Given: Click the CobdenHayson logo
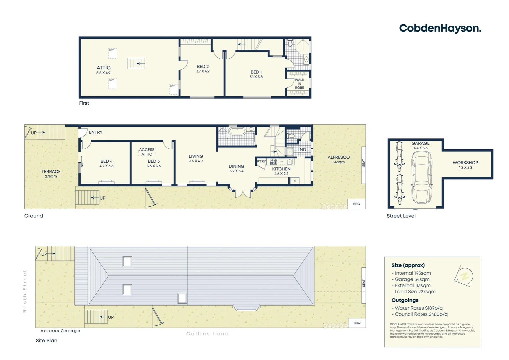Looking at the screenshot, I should tap(440, 28).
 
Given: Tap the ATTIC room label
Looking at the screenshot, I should tap(103, 68).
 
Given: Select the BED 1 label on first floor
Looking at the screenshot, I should tap(256, 72).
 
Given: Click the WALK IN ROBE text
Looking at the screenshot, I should tap(299, 84).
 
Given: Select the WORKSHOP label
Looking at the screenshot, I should tap(465, 163).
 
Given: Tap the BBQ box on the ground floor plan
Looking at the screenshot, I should tap(356, 204).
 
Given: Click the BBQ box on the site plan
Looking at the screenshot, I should tap(357, 323).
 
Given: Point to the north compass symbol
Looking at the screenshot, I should tap(464, 276).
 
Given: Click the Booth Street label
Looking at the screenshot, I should tap(25, 291).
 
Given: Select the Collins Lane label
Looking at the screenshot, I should tap(207, 334).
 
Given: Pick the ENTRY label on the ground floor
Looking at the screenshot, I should tap(96, 132).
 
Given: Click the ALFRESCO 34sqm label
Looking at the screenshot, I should tap(338, 159).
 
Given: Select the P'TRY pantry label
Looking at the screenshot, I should tap(261, 161).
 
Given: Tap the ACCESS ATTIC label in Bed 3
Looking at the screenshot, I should tap(147, 152).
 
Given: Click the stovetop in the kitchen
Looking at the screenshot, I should tap(273, 162).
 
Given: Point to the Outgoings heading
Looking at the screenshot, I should tap(405, 300).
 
